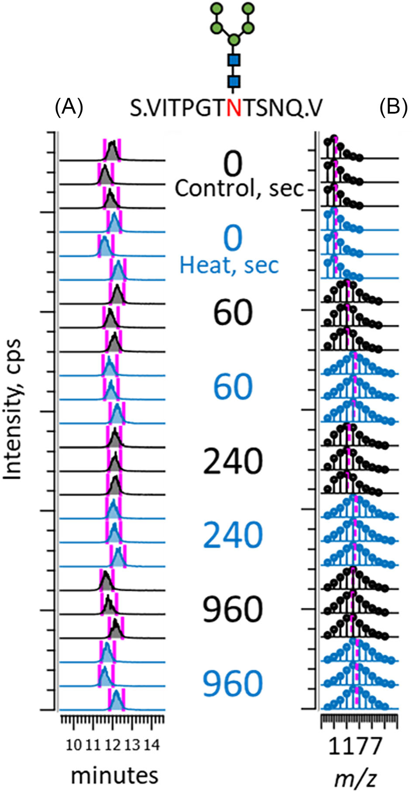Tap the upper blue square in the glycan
point(234,60)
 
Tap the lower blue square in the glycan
point(234,81)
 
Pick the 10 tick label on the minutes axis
point(74,744)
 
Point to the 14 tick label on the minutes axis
point(151,744)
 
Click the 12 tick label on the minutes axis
point(112,744)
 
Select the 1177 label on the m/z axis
point(354,747)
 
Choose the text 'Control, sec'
point(239,188)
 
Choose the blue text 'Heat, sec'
point(229,265)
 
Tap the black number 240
point(233,461)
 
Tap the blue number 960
point(233,683)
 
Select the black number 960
point(233,609)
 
